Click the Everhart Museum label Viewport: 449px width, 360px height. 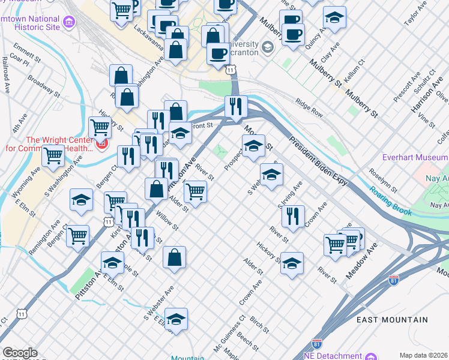click(415, 158)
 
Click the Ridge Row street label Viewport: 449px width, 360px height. click(309, 109)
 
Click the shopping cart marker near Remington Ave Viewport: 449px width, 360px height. click(78, 236)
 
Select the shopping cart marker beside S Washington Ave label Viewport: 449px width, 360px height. click(53, 155)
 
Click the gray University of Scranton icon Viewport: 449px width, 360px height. click(268, 47)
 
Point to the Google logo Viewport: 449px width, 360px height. click(20, 353)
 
